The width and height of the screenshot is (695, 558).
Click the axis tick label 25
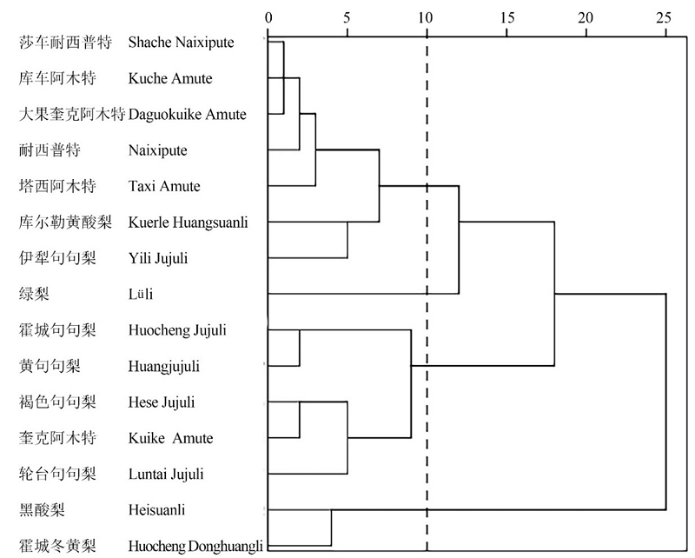(x=665, y=17)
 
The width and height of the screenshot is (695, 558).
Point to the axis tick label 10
(x=426, y=17)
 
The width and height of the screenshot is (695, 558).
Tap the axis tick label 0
(x=269, y=17)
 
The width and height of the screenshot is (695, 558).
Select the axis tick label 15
(x=506, y=17)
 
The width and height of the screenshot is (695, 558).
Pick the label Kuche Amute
(x=170, y=78)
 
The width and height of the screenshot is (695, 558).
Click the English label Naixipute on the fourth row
(x=157, y=150)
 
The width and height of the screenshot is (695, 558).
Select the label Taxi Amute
(x=164, y=186)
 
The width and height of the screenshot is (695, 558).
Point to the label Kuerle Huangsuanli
(x=188, y=223)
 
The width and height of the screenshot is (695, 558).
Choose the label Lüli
(x=141, y=294)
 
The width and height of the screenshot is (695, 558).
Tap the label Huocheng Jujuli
(x=177, y=330)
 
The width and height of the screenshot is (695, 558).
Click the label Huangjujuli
(x=164, y=366)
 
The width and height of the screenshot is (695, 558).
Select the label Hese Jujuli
(x=162, y=402)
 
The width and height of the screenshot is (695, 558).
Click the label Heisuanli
(x=156, y=510)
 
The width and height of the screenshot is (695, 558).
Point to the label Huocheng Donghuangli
(x=195, y=546)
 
